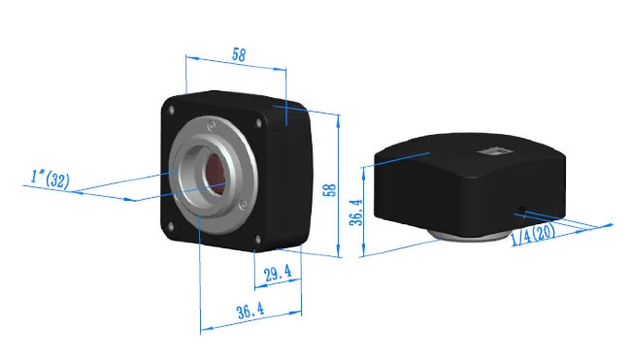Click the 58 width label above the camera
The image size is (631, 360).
click(238, 54)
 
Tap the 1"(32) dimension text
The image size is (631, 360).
click(50, 179)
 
